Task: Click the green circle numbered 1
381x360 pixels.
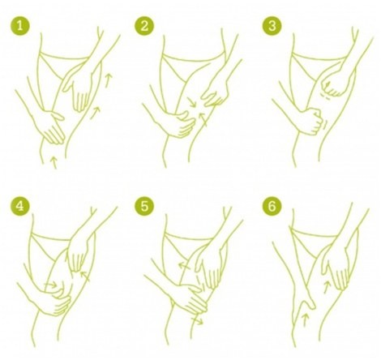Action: coord(20,25)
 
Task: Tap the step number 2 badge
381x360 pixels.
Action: coord(144,26)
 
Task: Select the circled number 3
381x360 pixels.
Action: coord(272,26)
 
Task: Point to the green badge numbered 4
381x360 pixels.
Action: coord(20,207)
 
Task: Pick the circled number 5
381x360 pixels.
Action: coord(144,207)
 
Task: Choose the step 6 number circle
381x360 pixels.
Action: coord(272,207)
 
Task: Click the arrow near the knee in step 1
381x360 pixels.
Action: coord(54,162)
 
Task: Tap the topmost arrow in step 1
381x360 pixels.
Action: coord(108,79)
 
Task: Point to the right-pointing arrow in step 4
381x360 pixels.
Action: coord(51,285)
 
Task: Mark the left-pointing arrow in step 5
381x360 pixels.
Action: coord(184,266)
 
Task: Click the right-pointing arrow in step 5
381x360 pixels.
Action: coord(197,321)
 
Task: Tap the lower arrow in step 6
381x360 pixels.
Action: coord(305,319)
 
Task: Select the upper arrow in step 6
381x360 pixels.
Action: coord(327,287)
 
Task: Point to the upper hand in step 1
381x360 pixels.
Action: coord(79,88)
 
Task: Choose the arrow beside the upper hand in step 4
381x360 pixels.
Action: coord(85,276)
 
